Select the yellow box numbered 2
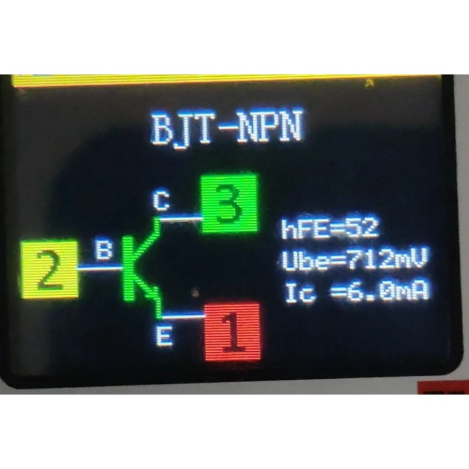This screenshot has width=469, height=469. (x=49, y=269)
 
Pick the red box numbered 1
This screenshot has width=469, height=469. (x=232, y=332)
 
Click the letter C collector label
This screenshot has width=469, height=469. (x=161, y=201)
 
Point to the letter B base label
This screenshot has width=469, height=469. (x=104, y=251)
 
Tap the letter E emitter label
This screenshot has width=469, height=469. (x=166, y=338)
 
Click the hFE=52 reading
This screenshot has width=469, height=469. (x=330, y=228)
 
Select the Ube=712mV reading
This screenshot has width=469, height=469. (x=353, y=260)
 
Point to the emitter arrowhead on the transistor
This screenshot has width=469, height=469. (x=154, y=294)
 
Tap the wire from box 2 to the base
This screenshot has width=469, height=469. (x=100, y=268)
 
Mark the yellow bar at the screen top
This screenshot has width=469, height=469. (x=226, y=80)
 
